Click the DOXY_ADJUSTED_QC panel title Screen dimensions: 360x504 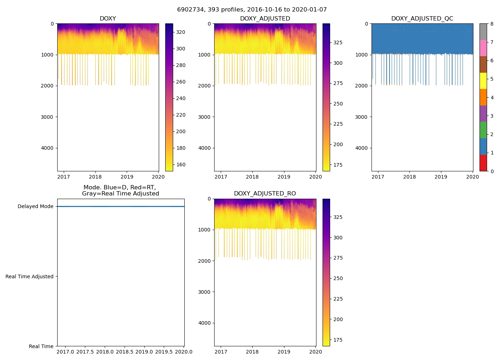point(422,19)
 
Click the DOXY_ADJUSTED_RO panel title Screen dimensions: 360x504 point(265,194)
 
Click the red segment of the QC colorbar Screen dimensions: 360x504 point(483,163)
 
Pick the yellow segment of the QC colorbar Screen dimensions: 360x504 point(483,81)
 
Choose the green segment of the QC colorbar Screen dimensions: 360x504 point(483,130)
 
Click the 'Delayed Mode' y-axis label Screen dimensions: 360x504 point(35,207)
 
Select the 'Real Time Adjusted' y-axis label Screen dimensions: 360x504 point(30,276)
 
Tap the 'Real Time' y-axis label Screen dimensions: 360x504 point(41,346)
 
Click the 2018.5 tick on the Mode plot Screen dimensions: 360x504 point(125,352)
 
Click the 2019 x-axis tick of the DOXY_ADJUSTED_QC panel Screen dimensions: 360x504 point(441,177)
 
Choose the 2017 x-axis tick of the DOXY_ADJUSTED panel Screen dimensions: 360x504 point(221,177)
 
